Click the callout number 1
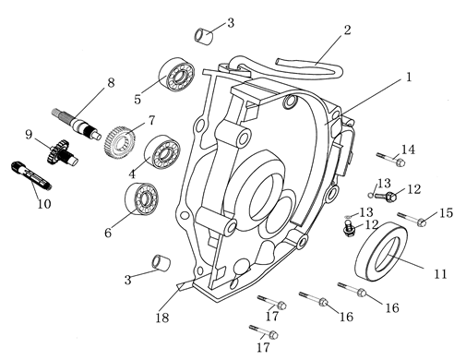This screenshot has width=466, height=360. click(407, 78)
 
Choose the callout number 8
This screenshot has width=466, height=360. click(111, 82)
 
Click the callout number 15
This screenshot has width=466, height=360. click(446, 213)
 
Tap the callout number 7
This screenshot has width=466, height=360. click(149, 121)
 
